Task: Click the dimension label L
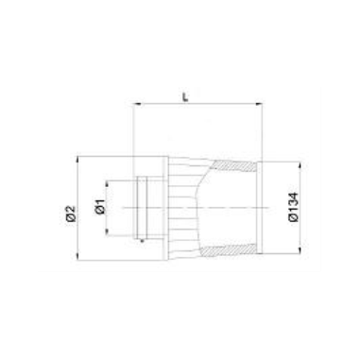click(186, 96)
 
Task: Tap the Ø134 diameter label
click(294, 207)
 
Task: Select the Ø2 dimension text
click(72, 214)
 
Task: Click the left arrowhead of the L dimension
click(136, 103)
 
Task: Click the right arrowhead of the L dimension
click(259, 103)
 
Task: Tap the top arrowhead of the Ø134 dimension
click(300, 165)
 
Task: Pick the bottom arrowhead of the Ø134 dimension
click(300, 249)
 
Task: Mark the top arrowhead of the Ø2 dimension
click(77, 160)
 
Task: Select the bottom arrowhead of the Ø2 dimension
click(77, 256)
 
